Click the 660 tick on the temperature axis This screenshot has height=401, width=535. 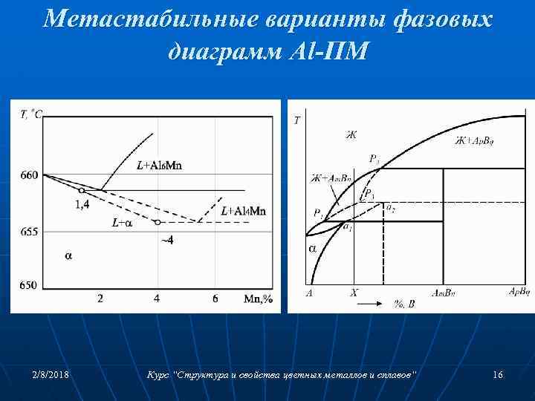29,175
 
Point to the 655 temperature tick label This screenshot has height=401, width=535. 29,232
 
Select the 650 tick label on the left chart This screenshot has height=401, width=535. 29,285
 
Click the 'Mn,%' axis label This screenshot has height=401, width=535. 259,299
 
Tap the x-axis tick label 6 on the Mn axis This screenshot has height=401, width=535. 215,299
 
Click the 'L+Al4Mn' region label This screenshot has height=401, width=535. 243,212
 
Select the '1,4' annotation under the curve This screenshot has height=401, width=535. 82,204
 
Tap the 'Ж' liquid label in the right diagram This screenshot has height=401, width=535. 351,134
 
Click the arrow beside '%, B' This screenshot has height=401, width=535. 380,303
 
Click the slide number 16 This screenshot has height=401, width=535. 498,376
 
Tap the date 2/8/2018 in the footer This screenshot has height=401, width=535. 52,376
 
